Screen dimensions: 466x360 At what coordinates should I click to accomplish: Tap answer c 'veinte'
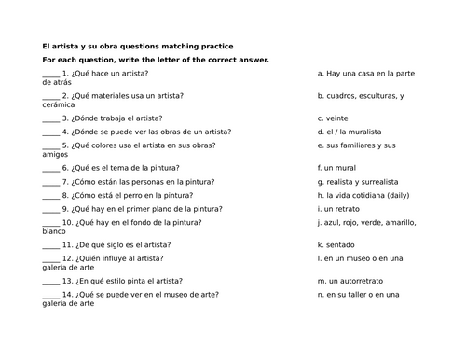tap(333, 118)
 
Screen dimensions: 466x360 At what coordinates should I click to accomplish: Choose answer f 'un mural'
tap(336, 168)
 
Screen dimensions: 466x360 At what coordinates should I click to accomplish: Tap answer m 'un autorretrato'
tap(350, 281)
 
